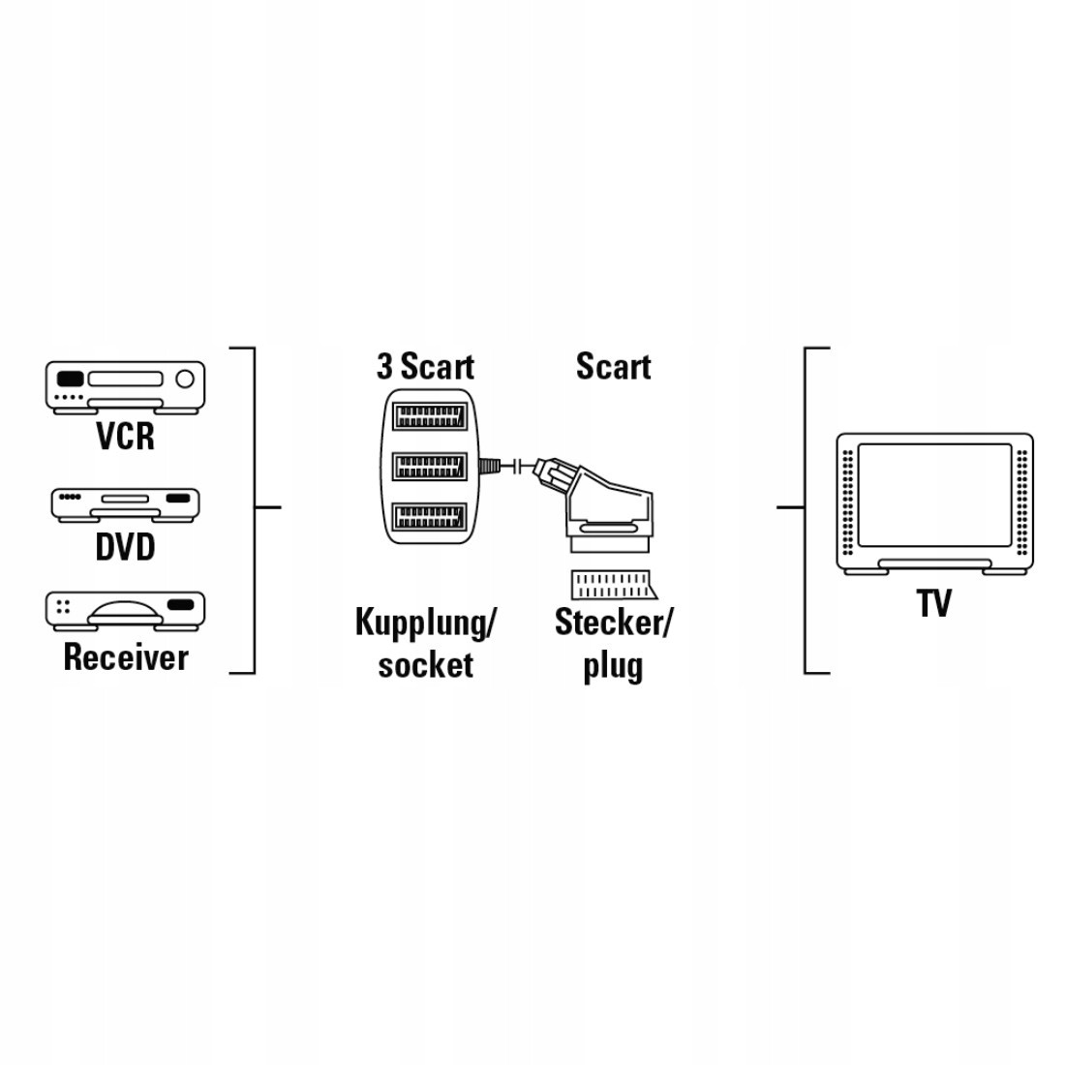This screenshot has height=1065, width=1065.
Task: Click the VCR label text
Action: click(126, 436)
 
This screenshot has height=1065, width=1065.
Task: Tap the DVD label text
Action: click(126, 547)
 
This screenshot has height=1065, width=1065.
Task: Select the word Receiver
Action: click(126, 657)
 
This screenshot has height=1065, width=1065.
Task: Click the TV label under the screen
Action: click(934, 603)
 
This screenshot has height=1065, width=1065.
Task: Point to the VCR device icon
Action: click(126, 388)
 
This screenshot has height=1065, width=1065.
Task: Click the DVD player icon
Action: click(126, 505)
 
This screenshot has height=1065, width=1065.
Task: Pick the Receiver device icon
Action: click(126, 609)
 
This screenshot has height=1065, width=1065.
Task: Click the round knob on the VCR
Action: click(185, 379)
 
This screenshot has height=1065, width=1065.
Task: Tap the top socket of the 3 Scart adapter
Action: click(430, 416)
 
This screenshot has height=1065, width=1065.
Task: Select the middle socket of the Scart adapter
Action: click(430, 466)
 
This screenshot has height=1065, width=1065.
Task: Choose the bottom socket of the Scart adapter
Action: click(430, 516)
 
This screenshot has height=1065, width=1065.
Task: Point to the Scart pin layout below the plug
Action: click(613, 584)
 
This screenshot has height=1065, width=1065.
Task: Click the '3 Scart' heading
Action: click(425, 367)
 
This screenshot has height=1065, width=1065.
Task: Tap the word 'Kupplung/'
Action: click(425, 623)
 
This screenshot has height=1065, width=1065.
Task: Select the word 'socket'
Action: click(425, 665)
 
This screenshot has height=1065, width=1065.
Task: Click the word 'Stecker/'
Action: click(613, 623)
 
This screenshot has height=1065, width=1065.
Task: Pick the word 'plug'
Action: click(613, 667)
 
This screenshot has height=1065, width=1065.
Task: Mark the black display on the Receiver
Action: click(180, 604)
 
